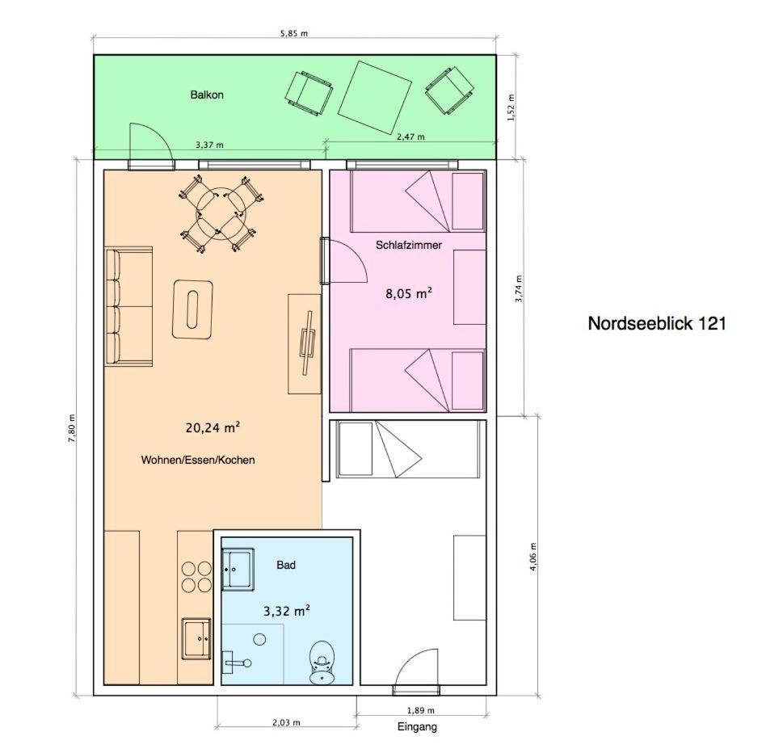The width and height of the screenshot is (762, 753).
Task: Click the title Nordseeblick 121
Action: click(x=656, y=323)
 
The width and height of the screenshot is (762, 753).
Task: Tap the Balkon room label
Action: click(x=207, y=95)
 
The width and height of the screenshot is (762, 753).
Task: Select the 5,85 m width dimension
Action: click(x=294, y=33)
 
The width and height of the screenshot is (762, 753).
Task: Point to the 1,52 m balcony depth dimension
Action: click(x=510, y=107)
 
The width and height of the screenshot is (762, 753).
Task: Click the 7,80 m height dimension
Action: click(x=72, y=427)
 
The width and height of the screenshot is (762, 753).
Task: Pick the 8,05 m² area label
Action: click(x=409, y=293)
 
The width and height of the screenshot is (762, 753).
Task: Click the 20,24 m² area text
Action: click(x=213, y=427)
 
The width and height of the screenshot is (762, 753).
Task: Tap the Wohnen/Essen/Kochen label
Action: click(x=198, y=460)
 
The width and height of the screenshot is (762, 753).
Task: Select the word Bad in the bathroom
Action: click(x=286, y=565)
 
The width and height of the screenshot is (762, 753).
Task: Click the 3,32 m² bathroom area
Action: click(x=287, y=611)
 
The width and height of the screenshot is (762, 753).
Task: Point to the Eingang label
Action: click(x=417, y=727)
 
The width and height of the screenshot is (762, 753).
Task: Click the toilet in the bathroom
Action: click(x=322, y=662)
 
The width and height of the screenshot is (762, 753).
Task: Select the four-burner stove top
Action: click(x=197, y=577)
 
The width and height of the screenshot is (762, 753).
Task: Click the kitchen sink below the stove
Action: click(x=197, y=638)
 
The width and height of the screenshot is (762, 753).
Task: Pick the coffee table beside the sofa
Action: click(x=193, y=309)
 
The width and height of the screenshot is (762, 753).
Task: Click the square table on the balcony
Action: click(x=375, y=97)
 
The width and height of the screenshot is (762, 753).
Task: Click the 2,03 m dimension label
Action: click(x=286, y=722)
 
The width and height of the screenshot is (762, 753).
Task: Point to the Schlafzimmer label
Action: click(x=409, y=245)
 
